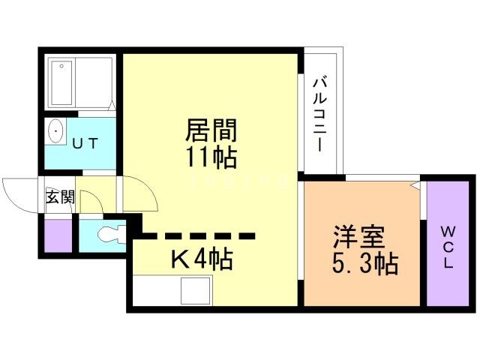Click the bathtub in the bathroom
(x=61, y=82)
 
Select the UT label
(x=84, y=142)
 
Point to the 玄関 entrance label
(x=60, y=197)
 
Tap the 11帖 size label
(x=211, y=158)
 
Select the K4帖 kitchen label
(x=201, y=259)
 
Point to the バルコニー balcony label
(x=320, y=112)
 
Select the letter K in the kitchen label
(x=181, y=259)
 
